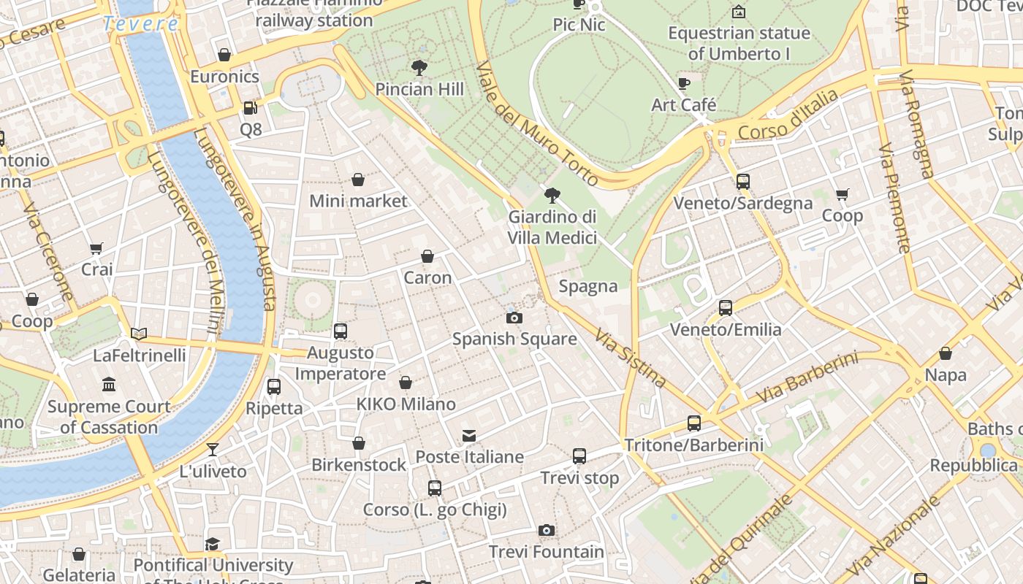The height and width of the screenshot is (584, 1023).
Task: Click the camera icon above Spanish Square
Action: pos(514,318)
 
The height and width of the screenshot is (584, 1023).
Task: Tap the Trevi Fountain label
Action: pos(547,552)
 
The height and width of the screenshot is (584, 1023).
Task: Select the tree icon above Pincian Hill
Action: pos(419,68)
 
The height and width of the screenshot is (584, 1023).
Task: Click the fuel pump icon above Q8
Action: pos(251,108)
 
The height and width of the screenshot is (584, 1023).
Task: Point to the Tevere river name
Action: pos(140,23)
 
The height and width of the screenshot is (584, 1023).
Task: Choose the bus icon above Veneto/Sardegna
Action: pos(743,182)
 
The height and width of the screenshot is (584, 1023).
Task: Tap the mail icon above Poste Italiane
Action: pos(469,436)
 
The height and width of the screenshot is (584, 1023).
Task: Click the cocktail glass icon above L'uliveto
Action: pos(213,450)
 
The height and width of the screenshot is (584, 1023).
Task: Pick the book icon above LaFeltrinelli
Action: pos(139,334)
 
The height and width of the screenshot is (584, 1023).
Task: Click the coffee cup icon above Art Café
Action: pos(684,83)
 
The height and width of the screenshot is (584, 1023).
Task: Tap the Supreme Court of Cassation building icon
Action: pos(109,385)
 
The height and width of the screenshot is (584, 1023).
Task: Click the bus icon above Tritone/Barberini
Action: pos(694,423)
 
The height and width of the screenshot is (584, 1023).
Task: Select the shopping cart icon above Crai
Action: pos(96,248)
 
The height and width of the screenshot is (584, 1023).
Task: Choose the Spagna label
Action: pos(588,286)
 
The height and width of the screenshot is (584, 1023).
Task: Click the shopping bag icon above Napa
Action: pos(946,354)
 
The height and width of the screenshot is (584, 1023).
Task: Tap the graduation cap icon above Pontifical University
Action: pos(212,544)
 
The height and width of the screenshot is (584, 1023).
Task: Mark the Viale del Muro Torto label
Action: pos(537,124)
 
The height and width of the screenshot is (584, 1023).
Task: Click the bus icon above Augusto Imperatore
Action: pos(341,331)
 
